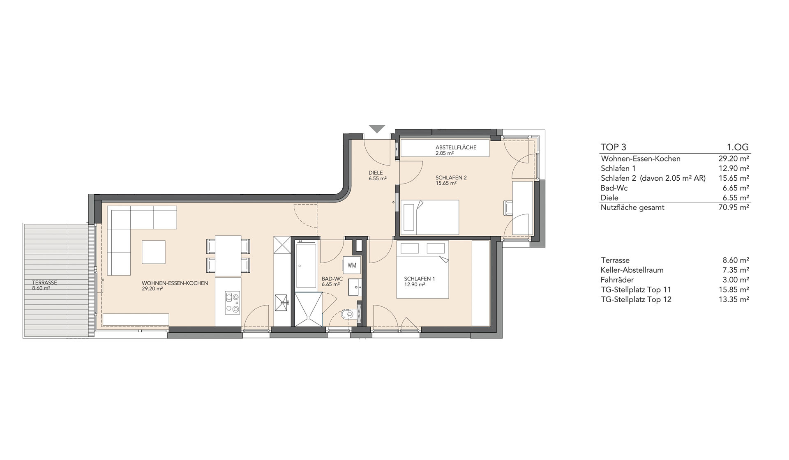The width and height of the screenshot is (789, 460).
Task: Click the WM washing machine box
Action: pyautogui.click(x=352, y=265)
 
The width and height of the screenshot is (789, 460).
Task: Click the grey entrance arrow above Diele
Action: pyautogui.click(x=377, y=129)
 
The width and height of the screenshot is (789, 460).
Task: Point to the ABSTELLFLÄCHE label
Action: pyautogui.click(x=456, y=147)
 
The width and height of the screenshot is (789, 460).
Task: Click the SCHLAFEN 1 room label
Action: pyautogui.click(x=419, y=279)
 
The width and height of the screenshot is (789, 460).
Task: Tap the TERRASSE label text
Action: pyautogui.click(x=44, y=283)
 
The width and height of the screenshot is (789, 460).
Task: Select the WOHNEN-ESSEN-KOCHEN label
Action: pyautogui.click(x=175, y=283)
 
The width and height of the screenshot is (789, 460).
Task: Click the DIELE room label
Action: pyautogui.click(x=376, y=173)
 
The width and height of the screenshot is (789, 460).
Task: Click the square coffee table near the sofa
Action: pyautogui.click(x=154, y=252)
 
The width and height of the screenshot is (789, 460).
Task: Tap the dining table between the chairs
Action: pyautogui.click(x=228, y=256)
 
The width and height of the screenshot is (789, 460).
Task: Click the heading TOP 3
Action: pyautogui.click(x=613, y=147)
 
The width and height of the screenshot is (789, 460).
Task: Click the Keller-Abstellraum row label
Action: pyautogui.click(x=632, y=270)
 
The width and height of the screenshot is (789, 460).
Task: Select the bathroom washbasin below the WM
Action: pyautogui.click(x=354, y=287)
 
